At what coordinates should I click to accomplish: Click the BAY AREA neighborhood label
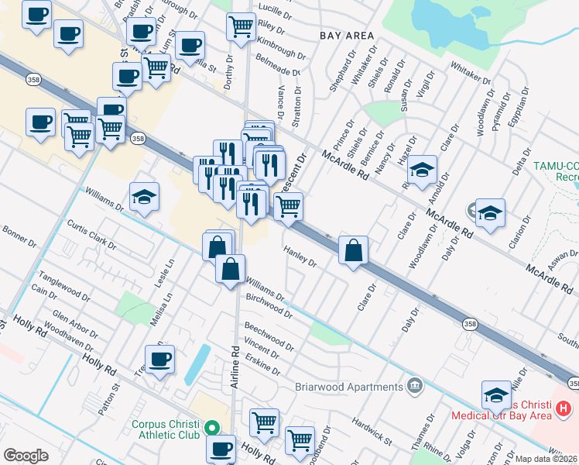tap(346, 36)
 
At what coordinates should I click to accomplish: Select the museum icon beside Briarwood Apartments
tap(415, 385)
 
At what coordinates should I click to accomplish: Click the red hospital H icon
tap(564, 408)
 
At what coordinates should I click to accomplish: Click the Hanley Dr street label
tap(300, 257)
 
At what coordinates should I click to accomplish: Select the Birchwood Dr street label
tap(269, 306)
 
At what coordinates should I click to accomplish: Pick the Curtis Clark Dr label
tap(91, 234)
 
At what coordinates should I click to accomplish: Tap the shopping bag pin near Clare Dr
tap(353, 250)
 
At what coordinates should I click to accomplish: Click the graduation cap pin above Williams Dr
tap(145, 198)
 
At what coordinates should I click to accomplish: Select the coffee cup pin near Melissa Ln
tap(160, 360)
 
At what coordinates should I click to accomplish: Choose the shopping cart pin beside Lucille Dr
tap(241, 26)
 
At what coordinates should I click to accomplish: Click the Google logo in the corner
tap(26, 455)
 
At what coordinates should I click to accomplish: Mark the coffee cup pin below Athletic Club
tap(221, 448)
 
